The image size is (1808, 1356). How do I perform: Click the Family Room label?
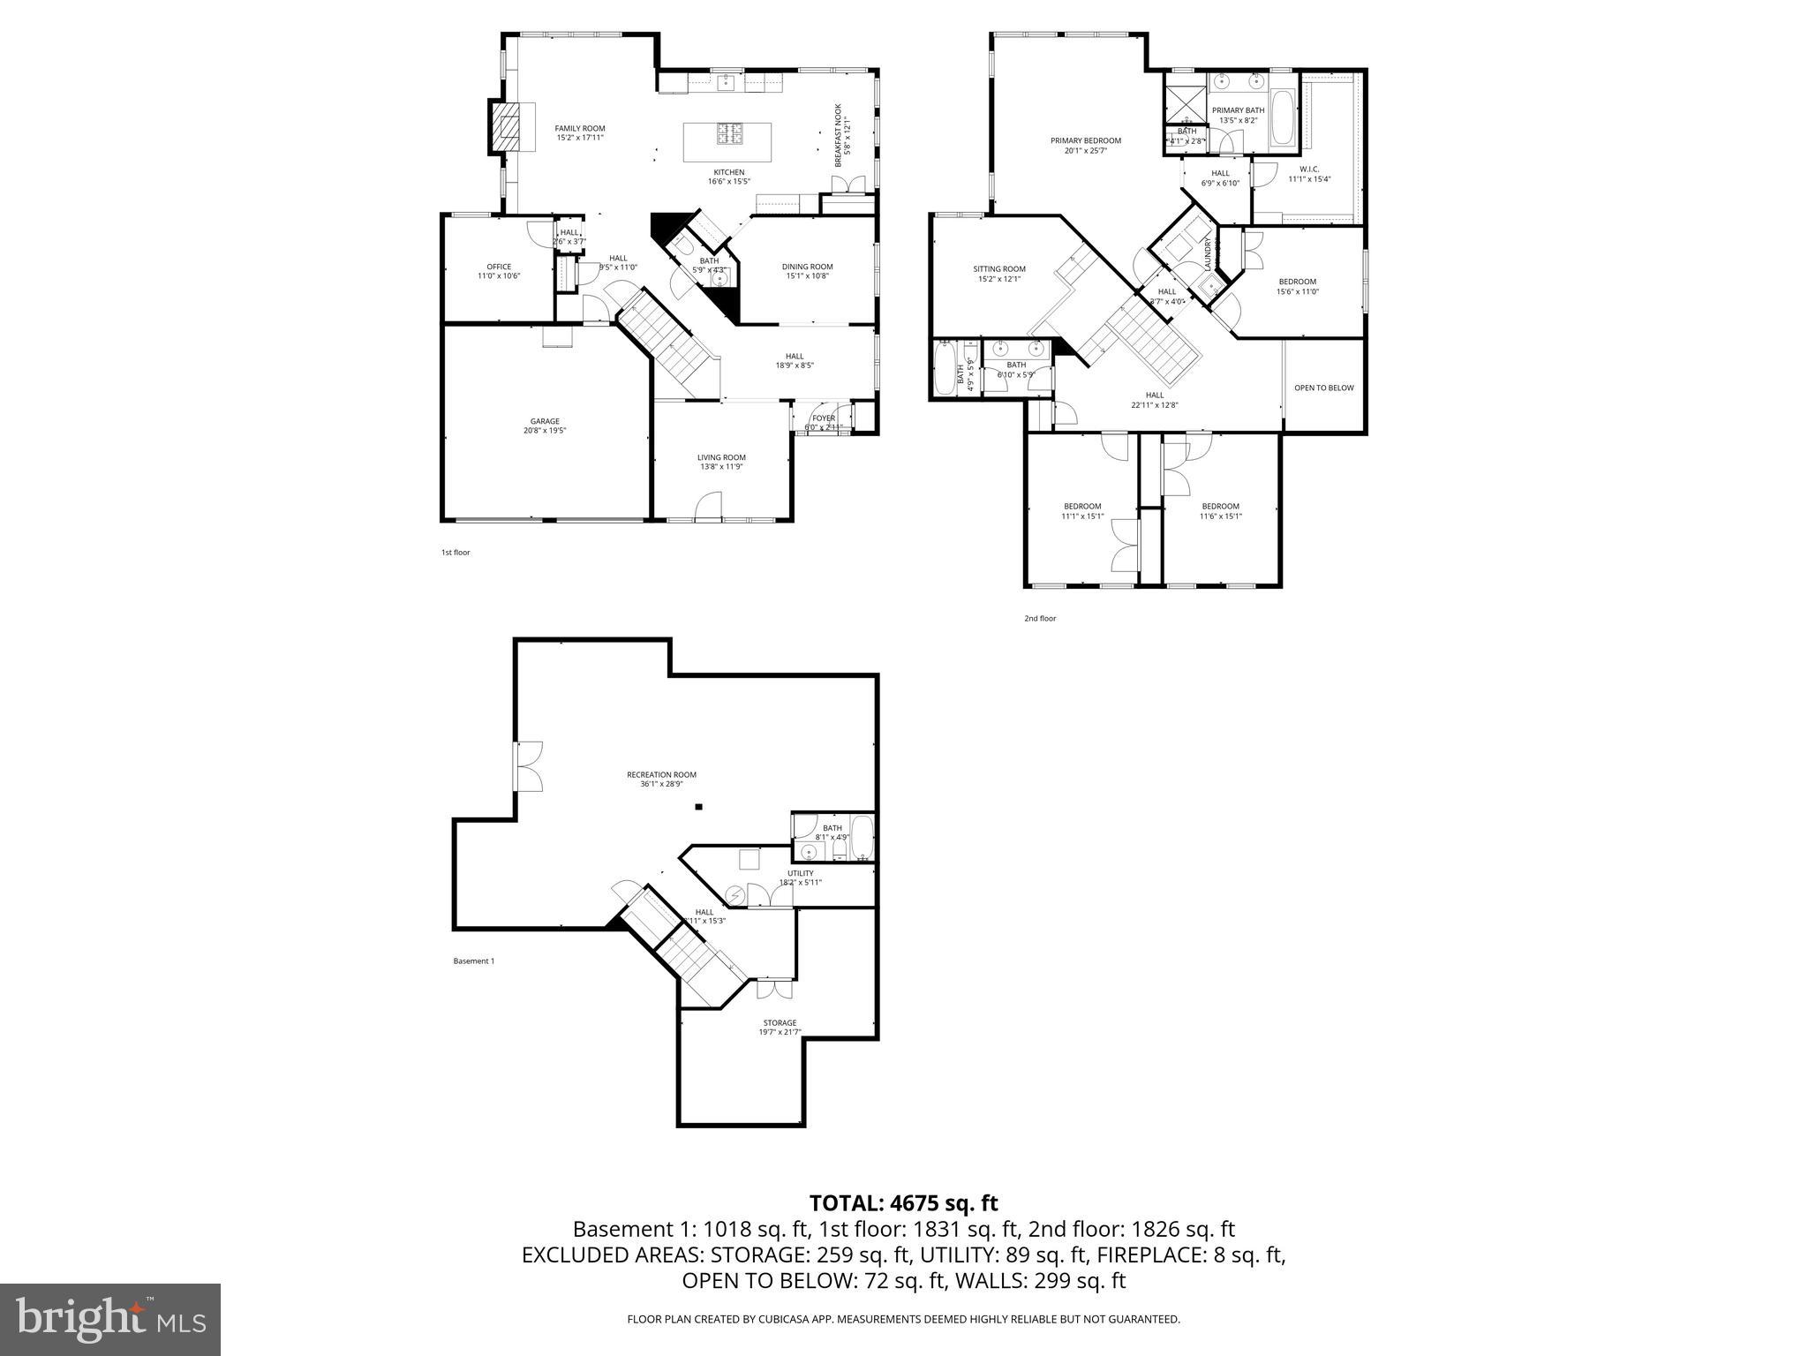click(580, 129)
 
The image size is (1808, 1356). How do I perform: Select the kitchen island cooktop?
click(728, 133)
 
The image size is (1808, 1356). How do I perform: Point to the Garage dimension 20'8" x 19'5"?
click(545, 431)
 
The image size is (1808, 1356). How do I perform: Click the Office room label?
click(499, 267)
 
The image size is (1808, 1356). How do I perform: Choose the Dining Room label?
click(807, 267)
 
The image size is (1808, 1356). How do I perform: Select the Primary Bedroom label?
click(1085, 140)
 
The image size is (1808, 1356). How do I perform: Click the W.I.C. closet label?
click(1308, 169)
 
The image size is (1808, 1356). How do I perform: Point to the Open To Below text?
click(1323, 388)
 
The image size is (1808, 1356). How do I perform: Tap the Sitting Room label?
click(999, 269)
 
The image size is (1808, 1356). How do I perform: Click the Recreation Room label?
click(661, 775)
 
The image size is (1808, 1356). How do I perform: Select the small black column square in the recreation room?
click(698, 806)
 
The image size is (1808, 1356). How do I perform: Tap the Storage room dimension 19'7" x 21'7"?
click(780, 1032)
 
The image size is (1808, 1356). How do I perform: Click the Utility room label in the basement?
click(800, 873)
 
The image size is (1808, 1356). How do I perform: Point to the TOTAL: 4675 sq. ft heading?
click(903, 1202)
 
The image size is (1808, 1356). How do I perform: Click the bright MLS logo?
click(110, 1320)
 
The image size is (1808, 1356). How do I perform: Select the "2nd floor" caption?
click(1039, 619)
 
